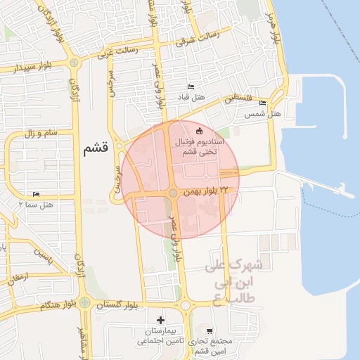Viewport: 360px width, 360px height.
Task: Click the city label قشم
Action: [94, 149]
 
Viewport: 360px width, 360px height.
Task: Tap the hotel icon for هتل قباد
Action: [191, 87]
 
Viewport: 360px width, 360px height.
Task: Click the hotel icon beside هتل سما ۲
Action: [36, 194]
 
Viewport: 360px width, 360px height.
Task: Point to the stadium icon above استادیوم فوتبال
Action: [199, 131]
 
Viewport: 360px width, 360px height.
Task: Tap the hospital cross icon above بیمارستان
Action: [161, 321]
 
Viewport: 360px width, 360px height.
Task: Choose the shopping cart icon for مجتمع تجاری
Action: [209, 330]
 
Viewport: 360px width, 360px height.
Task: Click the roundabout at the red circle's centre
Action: [173, 193]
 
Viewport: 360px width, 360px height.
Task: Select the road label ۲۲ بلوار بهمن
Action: [206, 191]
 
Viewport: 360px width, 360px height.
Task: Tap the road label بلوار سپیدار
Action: [20, 70]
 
